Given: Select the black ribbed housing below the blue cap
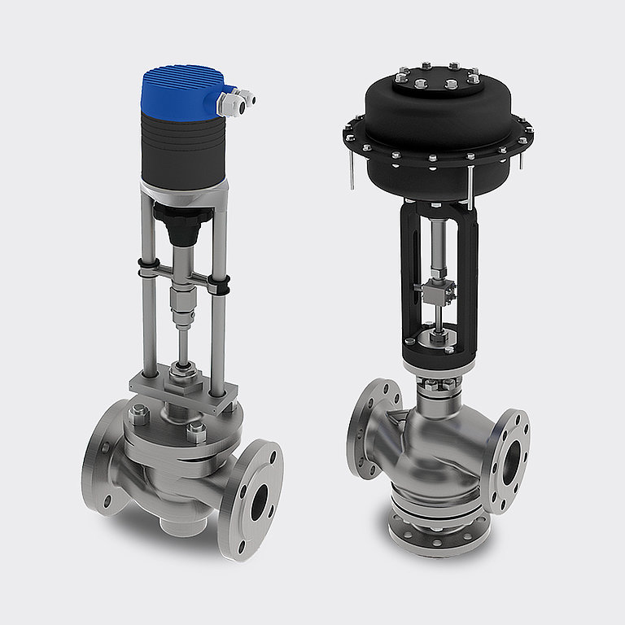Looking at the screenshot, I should [181, 146].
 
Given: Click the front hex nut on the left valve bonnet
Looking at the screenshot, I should [195, 432].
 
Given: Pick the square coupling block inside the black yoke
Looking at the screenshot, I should [433, 289].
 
